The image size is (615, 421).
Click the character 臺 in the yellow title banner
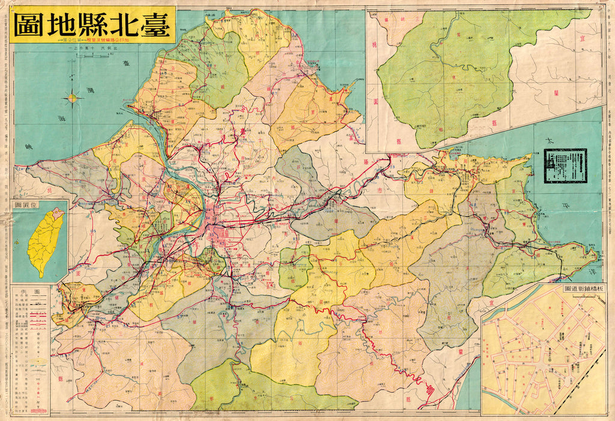[154, 25]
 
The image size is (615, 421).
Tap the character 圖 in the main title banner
[29, 25]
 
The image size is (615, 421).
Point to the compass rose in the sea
[73, 97]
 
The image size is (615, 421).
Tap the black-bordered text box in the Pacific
[565, 165]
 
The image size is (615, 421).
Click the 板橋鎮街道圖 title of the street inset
[583, 290]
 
